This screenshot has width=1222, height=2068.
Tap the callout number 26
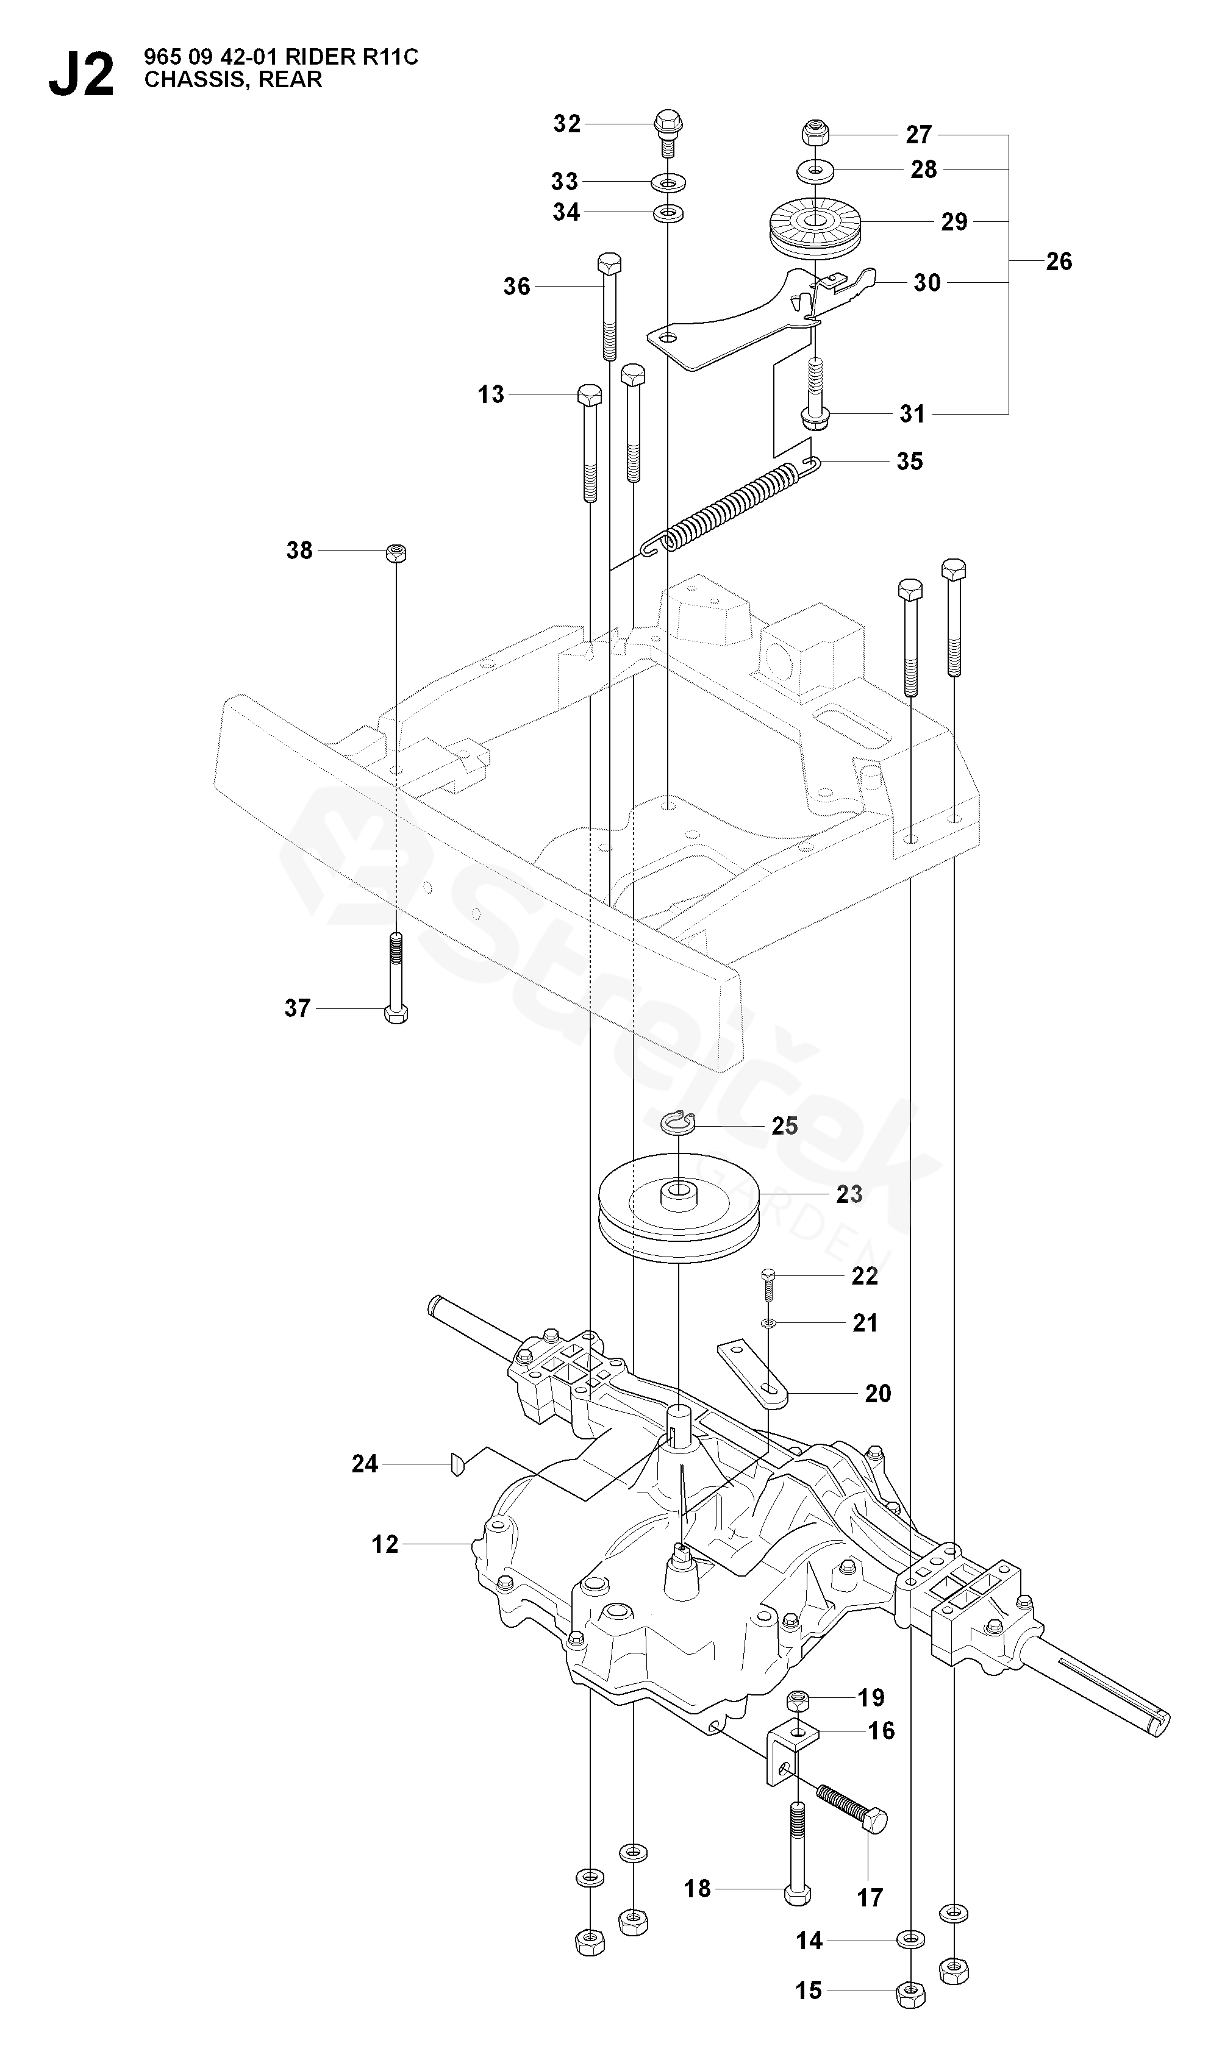(1059, 261)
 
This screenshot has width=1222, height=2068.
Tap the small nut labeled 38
(396, 552)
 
